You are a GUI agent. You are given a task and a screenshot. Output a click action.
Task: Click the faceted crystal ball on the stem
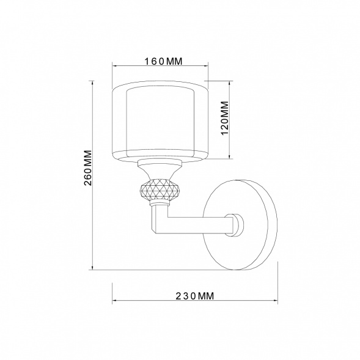(160, 191)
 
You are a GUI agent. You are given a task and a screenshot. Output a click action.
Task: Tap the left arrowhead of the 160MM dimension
(114, 67)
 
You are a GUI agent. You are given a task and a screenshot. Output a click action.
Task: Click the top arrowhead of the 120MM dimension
(227, 82)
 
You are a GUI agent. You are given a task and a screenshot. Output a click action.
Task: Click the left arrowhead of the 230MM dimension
(114, 299)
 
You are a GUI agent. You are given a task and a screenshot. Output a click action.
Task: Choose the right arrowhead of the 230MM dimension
(276, 299)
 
